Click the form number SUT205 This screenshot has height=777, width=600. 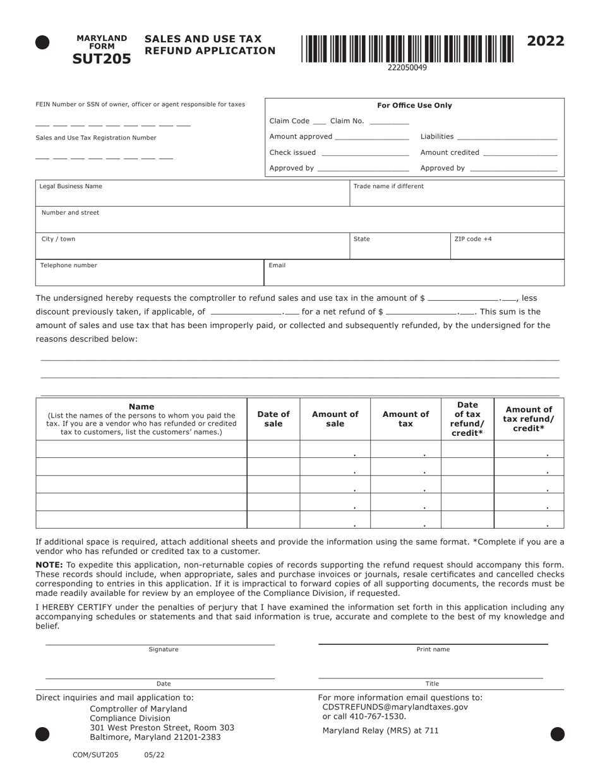click(x=102, y=59)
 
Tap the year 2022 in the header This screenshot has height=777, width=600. click(x=546, y=42)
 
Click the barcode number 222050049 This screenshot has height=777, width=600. click(x=407, y=67)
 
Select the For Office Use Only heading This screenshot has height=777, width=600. click(x=414, y=105)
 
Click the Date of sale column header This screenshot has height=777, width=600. click(x=273, y=419)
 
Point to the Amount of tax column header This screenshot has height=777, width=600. click(x=405, y=419)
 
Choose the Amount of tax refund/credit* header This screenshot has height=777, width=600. click(x=529, y=419)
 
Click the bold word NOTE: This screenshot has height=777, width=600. click(x=49, y=565)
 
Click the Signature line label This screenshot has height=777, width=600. click(x=164, y=649)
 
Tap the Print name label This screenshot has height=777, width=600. click(x=433, y=649)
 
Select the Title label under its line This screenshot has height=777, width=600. click(x=432, y=684)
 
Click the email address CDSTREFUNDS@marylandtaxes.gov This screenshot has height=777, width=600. click(x=395, y=708)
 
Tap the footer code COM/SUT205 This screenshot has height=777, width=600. click(x=95, y=755)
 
